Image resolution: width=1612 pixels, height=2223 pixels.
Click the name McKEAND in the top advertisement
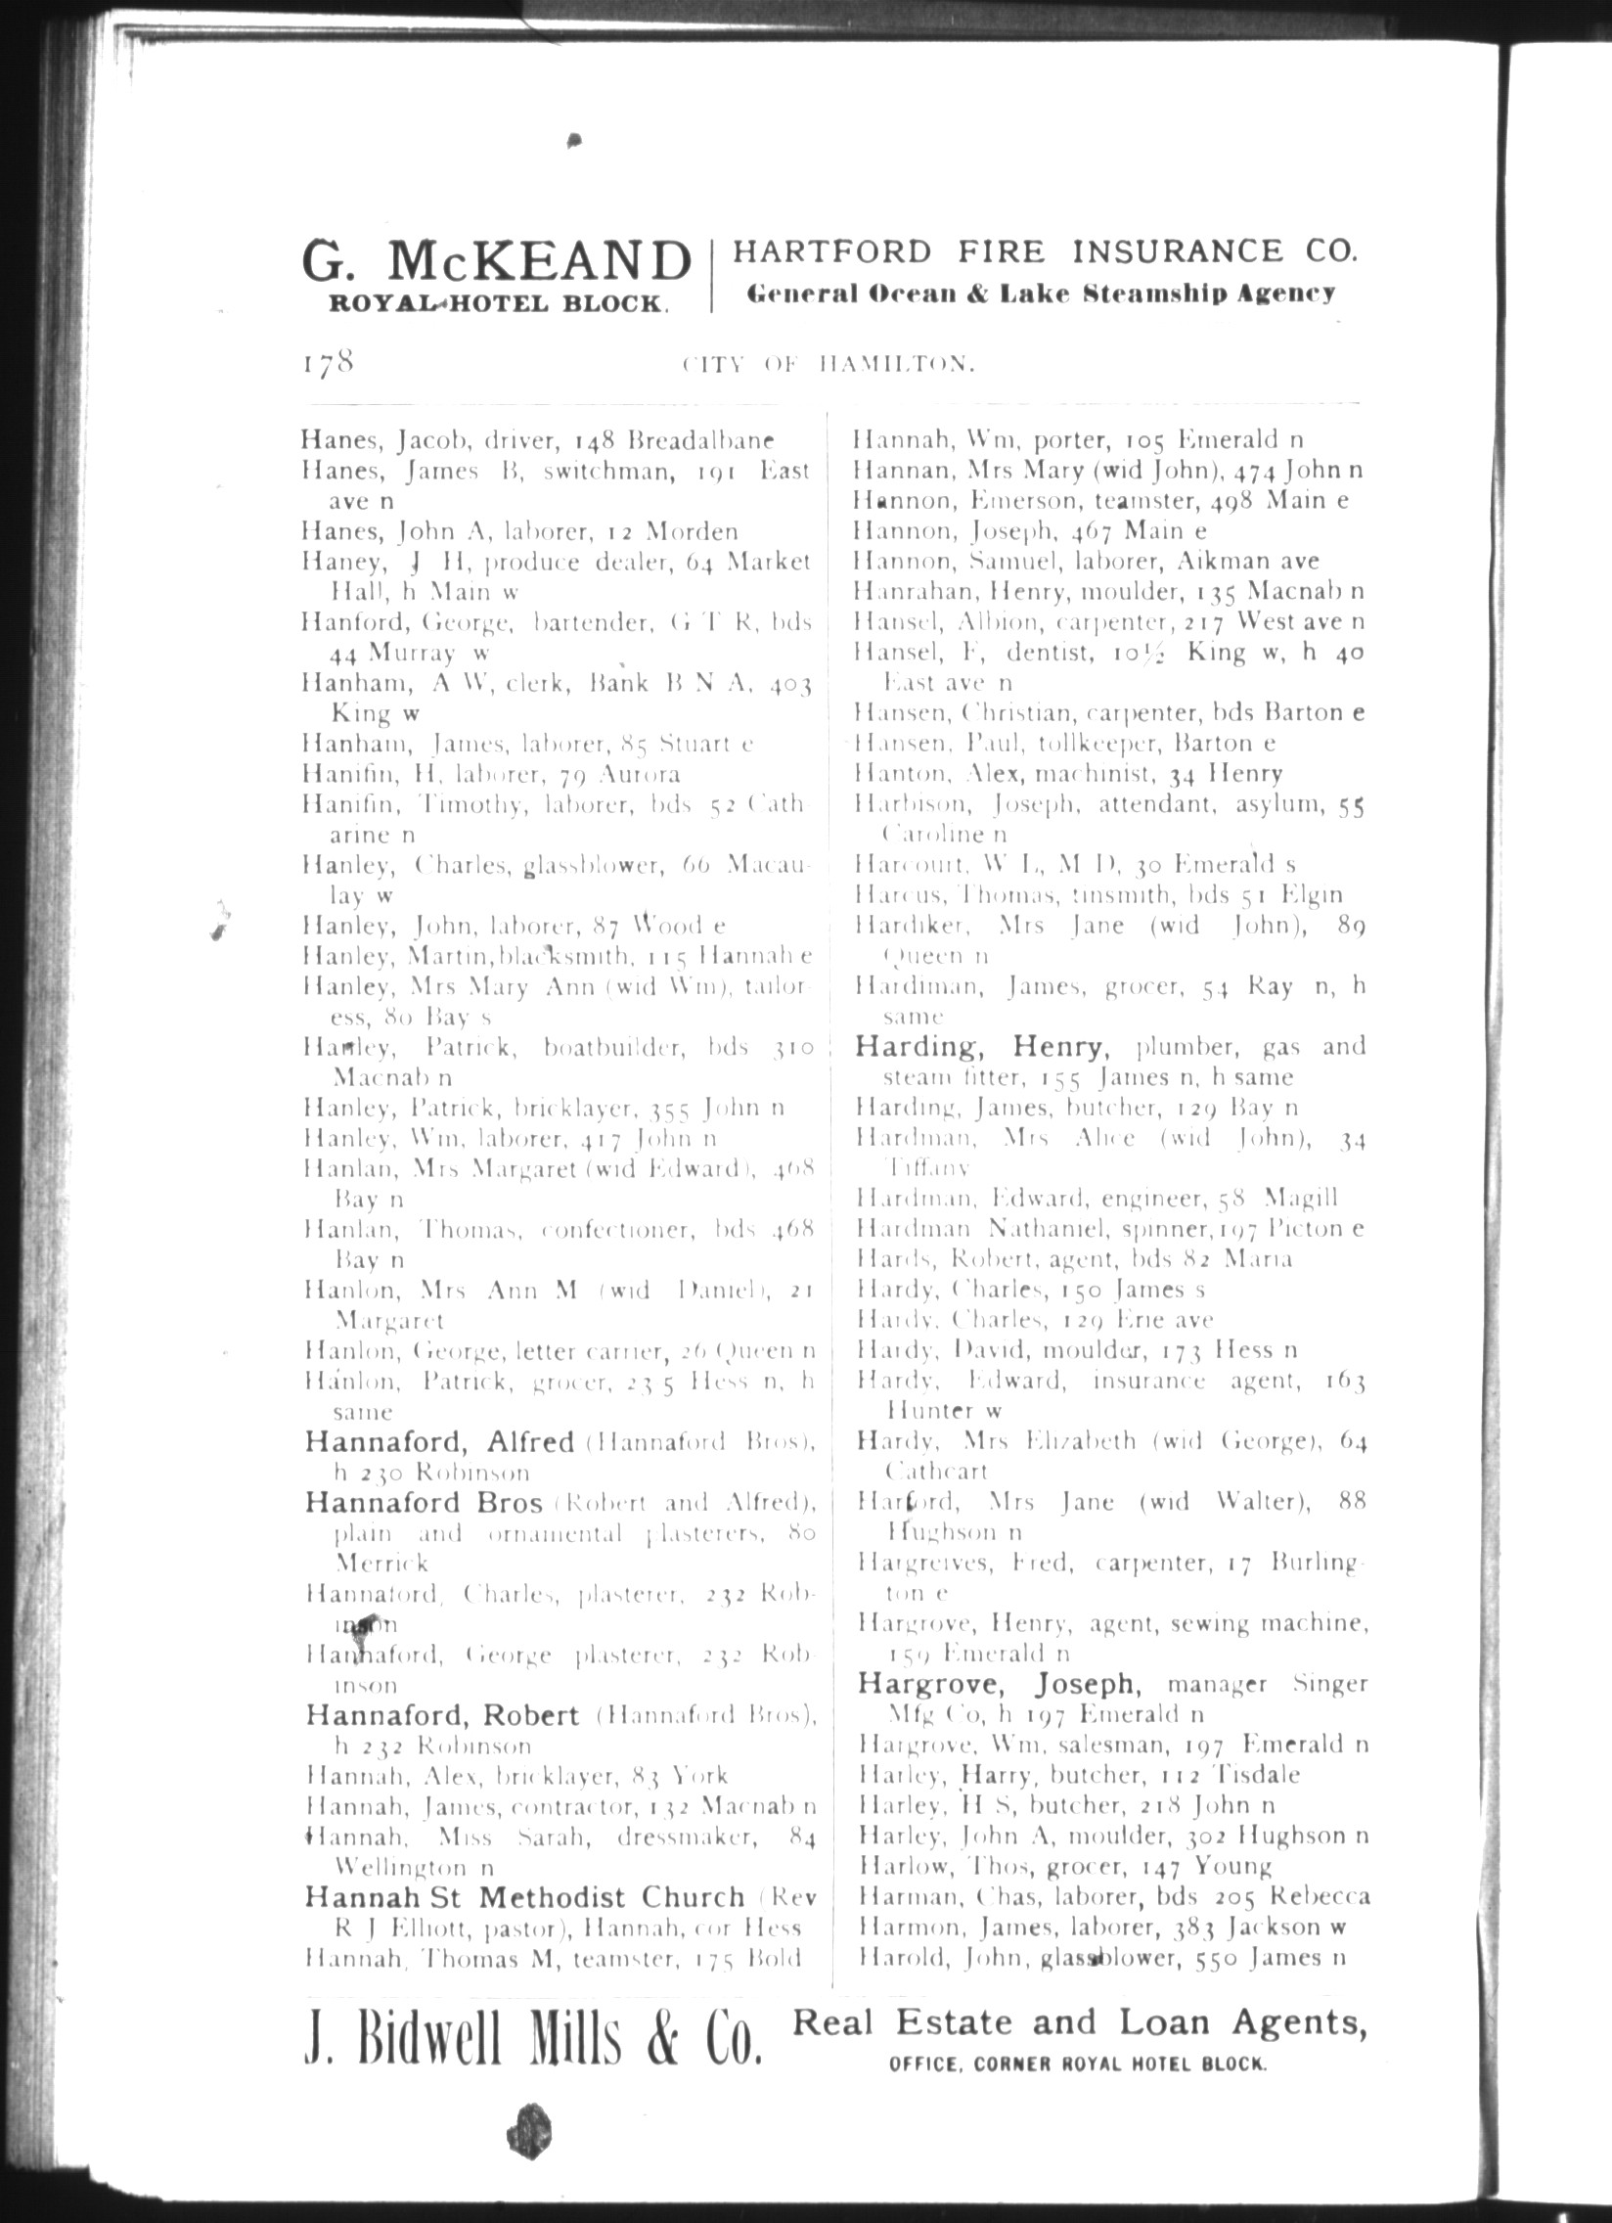coord(539,261)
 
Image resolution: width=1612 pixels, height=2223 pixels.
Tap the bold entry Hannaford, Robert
coord(442,1714)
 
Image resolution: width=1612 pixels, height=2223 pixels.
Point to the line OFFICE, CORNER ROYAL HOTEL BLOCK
coord(1078,2064)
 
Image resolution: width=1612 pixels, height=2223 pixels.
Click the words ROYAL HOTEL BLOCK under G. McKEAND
coord(495,303)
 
